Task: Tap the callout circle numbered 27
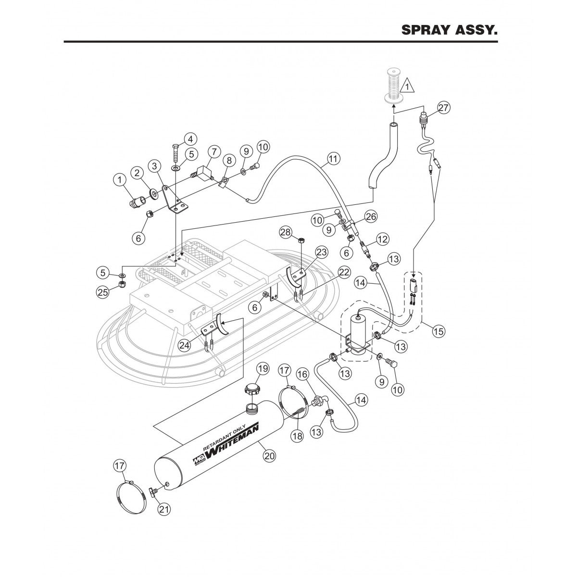tap(443, 108)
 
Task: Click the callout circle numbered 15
tap(438, 331)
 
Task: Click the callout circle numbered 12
tap(382, 238)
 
